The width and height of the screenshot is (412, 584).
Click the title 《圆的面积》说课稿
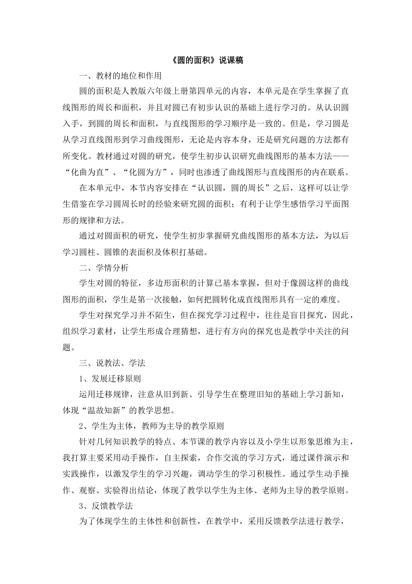pyautogui.click(x=206, y=60)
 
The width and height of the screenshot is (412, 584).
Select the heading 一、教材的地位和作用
pyautogui.click(x=120, y=76)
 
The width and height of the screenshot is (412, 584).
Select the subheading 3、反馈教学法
pyautogui.click(x=106, y=506)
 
